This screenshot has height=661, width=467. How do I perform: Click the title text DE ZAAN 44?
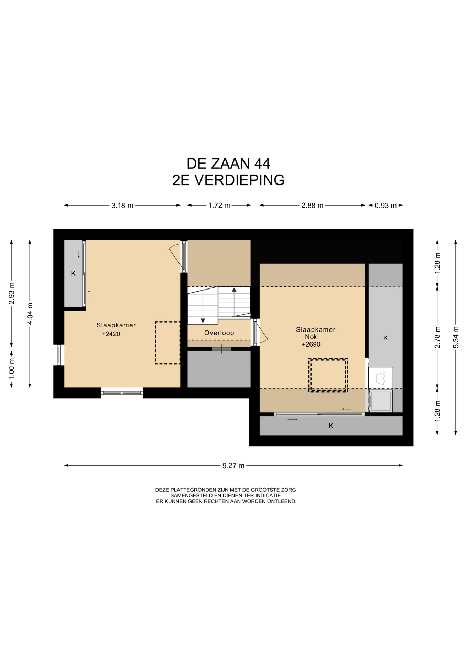click(x=228, y=164)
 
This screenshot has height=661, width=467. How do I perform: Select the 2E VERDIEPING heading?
click(x=228, y=180)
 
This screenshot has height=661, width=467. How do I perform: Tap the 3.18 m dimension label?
click(x=122, y=206)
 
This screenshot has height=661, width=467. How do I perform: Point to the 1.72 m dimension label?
click(x=219, y=206)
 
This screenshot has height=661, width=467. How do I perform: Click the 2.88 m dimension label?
click(x=312, y=206)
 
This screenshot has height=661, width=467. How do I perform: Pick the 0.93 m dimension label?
click(x=385, y=206)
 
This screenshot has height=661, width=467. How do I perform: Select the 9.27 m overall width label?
click(x=233, y=466)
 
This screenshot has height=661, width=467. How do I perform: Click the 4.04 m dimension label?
click(x=30, y=314)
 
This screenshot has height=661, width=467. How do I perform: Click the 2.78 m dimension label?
click(x=437, y=337)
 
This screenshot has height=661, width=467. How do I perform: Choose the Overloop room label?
click(x=219, y=333)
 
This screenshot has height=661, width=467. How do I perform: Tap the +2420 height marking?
click(x=111, y=334)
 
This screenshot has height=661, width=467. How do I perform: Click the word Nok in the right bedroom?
click(x=311, y=337)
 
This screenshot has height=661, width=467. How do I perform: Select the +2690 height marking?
click(x=311, y=344)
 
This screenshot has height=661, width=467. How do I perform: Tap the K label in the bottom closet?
click(x=331, y=426)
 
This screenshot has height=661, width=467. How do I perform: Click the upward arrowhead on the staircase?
click(x=234, y=290)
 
